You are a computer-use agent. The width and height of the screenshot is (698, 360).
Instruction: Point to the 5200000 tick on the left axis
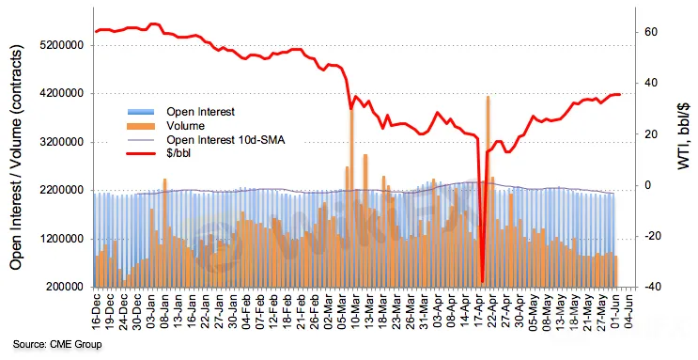(65, 45)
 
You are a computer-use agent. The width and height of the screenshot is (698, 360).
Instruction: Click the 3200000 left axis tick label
(65, 143)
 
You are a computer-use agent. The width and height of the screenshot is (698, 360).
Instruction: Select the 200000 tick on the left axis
(68, 288)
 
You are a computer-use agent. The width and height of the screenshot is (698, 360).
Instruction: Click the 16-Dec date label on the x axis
(97, 311)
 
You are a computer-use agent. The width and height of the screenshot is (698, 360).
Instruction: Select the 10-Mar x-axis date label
(355, 311)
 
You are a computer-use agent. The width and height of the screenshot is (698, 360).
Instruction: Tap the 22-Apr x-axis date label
(492, 311)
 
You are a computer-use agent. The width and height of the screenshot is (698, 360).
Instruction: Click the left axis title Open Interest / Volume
(16, 157)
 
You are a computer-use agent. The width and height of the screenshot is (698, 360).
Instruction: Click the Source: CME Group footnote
(57, 344)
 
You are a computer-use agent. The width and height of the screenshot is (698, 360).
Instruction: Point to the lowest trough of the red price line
(482, 282)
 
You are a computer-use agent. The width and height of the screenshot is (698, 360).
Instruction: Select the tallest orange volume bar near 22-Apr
(489, 192)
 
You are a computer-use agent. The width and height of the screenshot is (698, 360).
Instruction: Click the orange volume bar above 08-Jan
(164, 233)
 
